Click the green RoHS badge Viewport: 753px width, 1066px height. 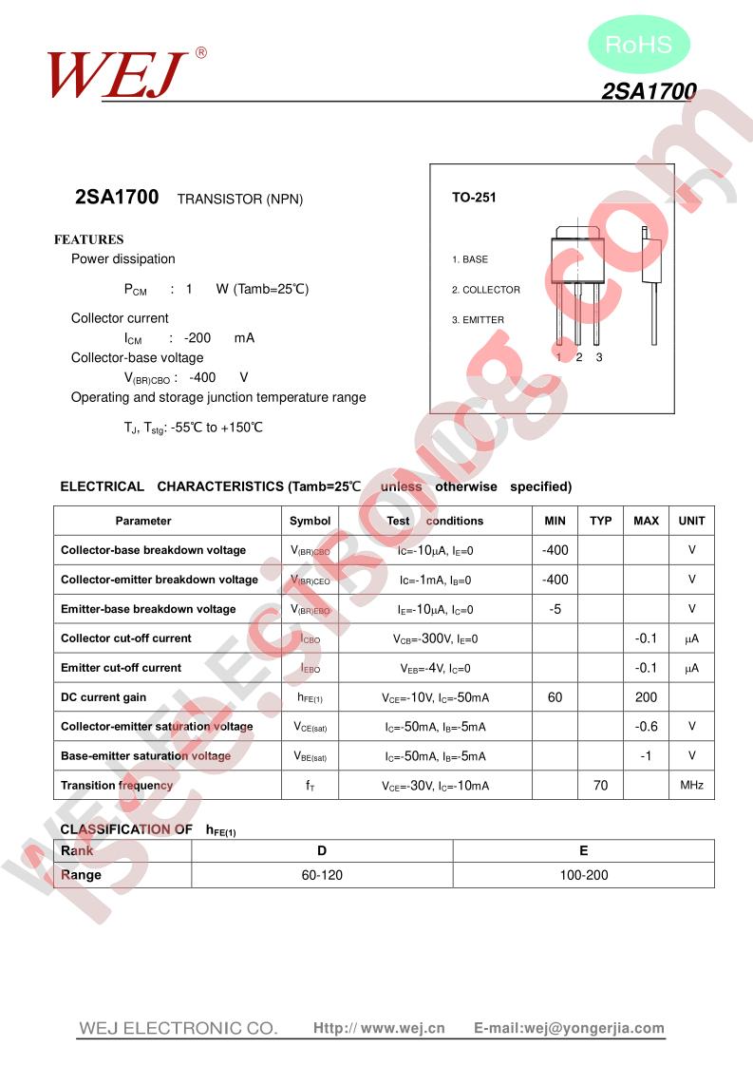638,44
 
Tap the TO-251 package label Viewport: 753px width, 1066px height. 474,198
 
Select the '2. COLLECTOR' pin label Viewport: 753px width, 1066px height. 485,290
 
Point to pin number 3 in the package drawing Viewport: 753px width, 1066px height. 599,357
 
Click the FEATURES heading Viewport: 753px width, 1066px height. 88,239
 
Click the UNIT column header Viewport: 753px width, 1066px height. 691,521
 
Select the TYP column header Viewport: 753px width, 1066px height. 600,521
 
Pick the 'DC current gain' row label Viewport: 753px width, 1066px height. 104,697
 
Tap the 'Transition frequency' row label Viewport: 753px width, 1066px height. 117,786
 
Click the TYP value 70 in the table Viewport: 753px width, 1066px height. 600,786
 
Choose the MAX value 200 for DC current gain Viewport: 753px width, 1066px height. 646,697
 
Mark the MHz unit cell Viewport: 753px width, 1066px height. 691,786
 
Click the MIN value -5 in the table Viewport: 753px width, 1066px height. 555,609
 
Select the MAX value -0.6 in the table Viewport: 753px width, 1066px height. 646,727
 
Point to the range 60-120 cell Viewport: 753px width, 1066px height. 322,875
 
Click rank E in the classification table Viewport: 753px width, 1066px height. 583,850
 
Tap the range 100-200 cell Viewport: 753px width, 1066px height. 583,875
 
